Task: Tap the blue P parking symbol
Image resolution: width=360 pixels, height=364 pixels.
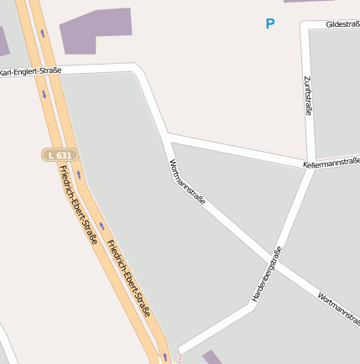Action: click(x=269, y=24)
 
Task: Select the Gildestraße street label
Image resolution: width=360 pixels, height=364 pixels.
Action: click(x=342, y=25)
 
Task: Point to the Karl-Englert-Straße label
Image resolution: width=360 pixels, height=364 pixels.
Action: click(x=30, y=72)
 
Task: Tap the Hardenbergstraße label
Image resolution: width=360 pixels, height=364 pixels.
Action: click(x=268, y=273)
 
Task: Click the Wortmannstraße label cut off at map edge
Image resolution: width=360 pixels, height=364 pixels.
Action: click(x=339, y=308)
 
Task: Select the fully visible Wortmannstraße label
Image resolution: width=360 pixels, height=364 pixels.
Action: click(x=187, y=182)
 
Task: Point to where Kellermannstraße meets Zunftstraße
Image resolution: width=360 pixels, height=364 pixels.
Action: click(x=312, y=164)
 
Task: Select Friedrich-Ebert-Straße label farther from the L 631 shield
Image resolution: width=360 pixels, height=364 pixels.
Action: click(x=128, y=277)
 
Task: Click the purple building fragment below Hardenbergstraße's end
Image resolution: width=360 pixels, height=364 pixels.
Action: click(x=212, y=358)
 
